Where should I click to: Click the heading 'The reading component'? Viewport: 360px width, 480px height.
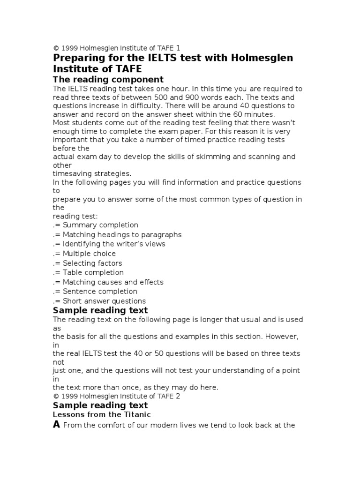[108, 79]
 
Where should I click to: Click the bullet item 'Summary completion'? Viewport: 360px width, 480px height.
[100, 225]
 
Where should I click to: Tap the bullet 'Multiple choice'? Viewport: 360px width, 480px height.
[89, 254]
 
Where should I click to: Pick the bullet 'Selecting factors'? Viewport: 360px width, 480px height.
[92, 263]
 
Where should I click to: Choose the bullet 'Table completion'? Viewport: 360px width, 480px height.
[93, 272]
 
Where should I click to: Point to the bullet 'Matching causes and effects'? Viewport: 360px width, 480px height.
[113, 282]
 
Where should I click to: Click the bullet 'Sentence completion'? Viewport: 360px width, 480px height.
[100, 292]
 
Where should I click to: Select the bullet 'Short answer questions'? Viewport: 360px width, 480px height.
[104, 301]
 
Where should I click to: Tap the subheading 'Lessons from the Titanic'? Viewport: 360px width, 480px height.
[102, 415]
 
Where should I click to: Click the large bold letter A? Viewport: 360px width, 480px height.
[57, 425]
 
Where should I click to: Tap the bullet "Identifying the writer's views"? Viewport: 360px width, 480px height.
[114, 244]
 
